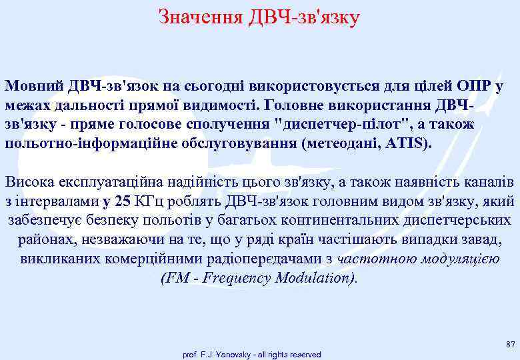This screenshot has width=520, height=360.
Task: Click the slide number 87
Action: (510, 344)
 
